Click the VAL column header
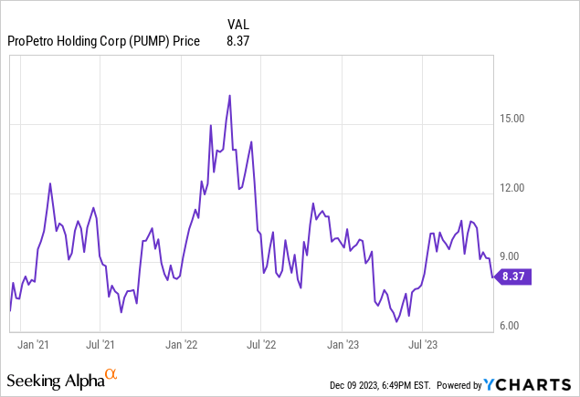237,24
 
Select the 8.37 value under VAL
237,40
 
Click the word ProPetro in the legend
30,40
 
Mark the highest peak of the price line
229,96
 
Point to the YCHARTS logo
531,384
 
